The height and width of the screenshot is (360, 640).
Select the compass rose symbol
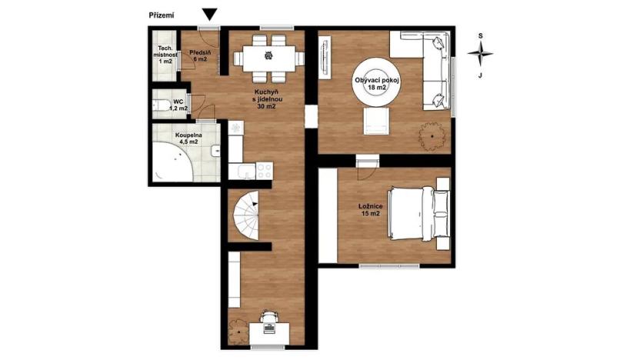(x=480, y=55)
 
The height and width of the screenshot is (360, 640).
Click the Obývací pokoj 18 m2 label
(x=376, y=83)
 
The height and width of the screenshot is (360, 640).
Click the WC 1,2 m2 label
(x=178, y=105)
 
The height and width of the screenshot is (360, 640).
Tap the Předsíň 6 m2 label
(x=200, y=55)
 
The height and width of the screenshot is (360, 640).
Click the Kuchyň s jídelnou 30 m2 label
(x=266, y=98)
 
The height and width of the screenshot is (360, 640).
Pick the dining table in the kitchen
(x=268, y=55)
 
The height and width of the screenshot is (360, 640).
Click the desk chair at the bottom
(x=268, y=317)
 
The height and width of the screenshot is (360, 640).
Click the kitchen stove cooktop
(x=265, y=168)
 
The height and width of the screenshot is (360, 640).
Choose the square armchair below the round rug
(x=376, y=119)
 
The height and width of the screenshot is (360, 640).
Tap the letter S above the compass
(x=480, y=35)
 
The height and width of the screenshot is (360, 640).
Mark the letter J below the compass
(x=480, y=75)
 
